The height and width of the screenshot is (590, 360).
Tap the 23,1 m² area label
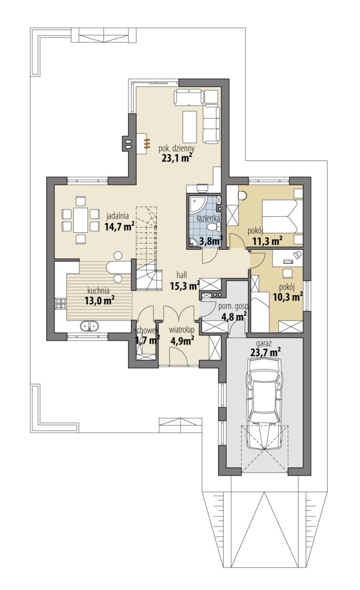pos(175,158)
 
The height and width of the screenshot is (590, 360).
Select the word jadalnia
pos(118,216)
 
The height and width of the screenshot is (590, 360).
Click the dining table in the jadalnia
pos(80,220)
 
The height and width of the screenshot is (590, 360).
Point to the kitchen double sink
pos(89,325)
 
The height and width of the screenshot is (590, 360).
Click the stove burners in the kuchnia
pos(61,303)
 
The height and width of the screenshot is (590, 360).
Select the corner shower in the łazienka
pos(196,204)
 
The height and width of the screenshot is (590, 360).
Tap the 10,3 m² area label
pos(288,297)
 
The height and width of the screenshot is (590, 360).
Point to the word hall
pos(185,275)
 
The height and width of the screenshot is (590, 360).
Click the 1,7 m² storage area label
pos(148,341)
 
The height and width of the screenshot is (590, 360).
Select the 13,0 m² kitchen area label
pos(99,300)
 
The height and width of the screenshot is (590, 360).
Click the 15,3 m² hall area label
pos(185,286)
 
